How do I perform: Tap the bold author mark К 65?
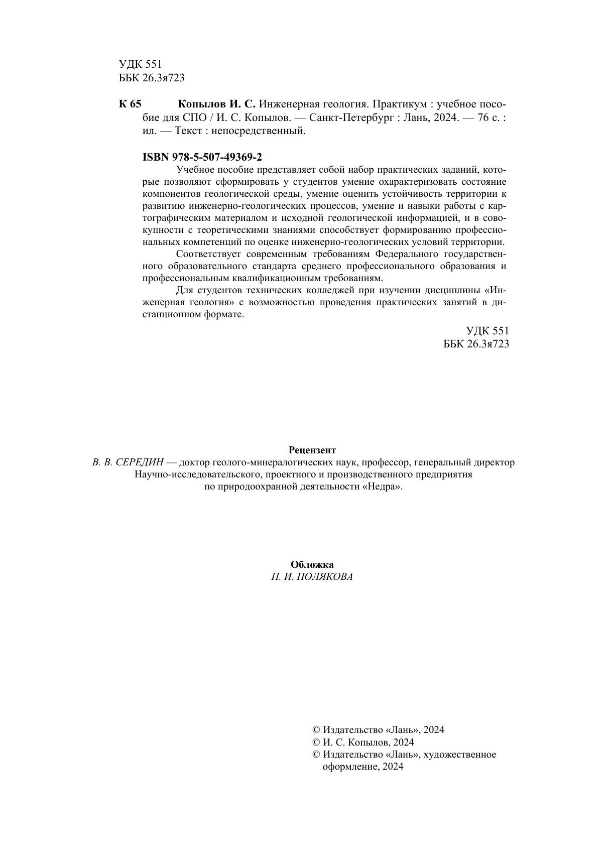point(130,104)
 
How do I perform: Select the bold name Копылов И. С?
point(217,104)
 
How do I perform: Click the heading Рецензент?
point(312,450)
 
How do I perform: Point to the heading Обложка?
point(312,564)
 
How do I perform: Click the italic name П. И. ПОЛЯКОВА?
point(312,577)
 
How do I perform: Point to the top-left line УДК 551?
point(141,64)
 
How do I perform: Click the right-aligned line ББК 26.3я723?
point(476,344)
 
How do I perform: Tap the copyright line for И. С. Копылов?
point(368,742)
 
